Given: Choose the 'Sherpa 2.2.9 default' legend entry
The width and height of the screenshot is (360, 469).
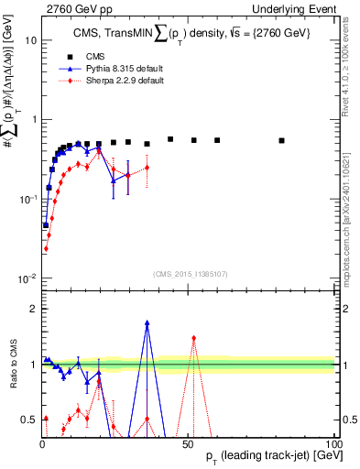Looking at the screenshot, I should coord(111,82).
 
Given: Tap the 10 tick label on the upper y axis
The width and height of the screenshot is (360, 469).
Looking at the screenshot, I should coord(30,40).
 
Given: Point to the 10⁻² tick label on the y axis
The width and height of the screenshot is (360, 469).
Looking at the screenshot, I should coord(27,278).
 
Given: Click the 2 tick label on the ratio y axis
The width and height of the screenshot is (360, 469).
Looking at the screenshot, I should coord(32,309).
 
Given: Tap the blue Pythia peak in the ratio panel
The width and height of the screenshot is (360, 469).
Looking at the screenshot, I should coord(147,322).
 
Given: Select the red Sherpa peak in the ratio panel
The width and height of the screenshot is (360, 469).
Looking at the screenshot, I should coord(193,337).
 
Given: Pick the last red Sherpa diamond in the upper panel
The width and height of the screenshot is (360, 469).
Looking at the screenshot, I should coord(147,168).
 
